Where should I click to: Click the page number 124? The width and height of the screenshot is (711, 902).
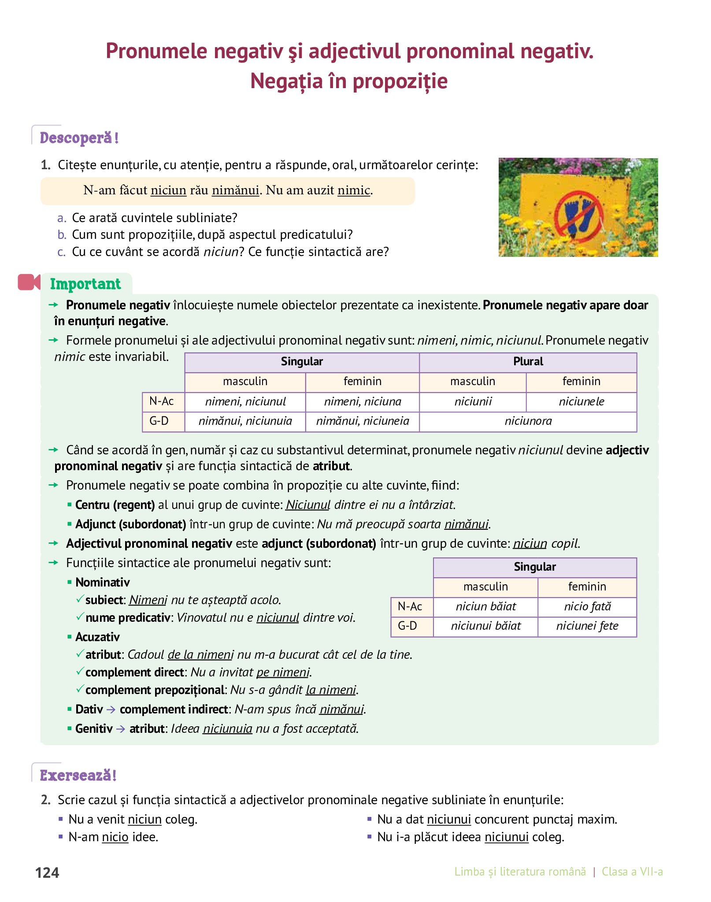pos(47,872)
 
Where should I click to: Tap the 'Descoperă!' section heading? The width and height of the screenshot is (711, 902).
pos(79,138)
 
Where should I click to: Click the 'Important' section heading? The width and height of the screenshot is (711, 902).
pos(85,284)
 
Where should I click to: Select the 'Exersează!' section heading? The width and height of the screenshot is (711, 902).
pos(78,776)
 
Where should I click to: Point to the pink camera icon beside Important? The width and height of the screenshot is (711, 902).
pos(29,282)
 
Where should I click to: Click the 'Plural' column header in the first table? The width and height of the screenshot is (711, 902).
pos(528,362)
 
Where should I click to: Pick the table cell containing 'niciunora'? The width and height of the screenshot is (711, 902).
pos(528,421)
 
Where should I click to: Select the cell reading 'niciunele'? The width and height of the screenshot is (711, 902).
pos(581,402)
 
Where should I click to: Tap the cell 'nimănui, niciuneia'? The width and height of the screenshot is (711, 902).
pos(362,421)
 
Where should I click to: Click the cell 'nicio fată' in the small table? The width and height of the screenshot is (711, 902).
pos(587,607)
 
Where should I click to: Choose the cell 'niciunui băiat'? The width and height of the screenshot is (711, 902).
pos(485,626)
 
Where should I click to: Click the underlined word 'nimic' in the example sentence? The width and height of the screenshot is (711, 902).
pos(354,190)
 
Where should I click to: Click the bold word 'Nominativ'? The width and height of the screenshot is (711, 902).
pos(103,583)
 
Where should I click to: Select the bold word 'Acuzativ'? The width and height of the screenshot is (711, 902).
pos(97,637)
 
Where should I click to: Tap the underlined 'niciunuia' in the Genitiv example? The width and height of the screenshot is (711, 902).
pos(227,729)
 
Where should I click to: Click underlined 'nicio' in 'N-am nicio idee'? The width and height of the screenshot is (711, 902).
pos(115,837)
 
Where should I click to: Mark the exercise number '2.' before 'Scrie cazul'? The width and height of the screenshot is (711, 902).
pos(46,800)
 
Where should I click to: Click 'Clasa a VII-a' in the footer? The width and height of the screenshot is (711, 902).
pos(632,872)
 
